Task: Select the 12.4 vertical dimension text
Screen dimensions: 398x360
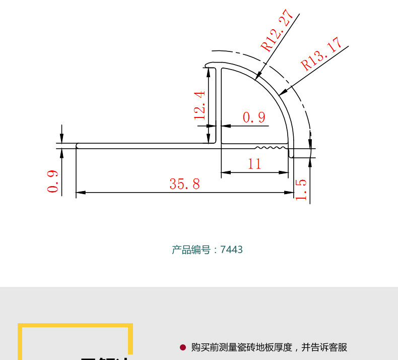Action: [200, 105]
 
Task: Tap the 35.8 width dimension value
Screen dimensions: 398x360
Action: [184, 184]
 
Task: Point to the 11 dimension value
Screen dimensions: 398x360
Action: [255, 164]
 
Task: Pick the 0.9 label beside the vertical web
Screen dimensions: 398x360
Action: [254, 117]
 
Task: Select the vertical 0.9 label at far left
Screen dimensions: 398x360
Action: [53, 182]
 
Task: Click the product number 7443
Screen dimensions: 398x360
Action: [231, 250]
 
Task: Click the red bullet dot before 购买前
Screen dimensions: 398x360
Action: [183, 347]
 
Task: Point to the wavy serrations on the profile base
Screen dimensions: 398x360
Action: [270, 148]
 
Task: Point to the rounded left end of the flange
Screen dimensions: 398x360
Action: [78, 146]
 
